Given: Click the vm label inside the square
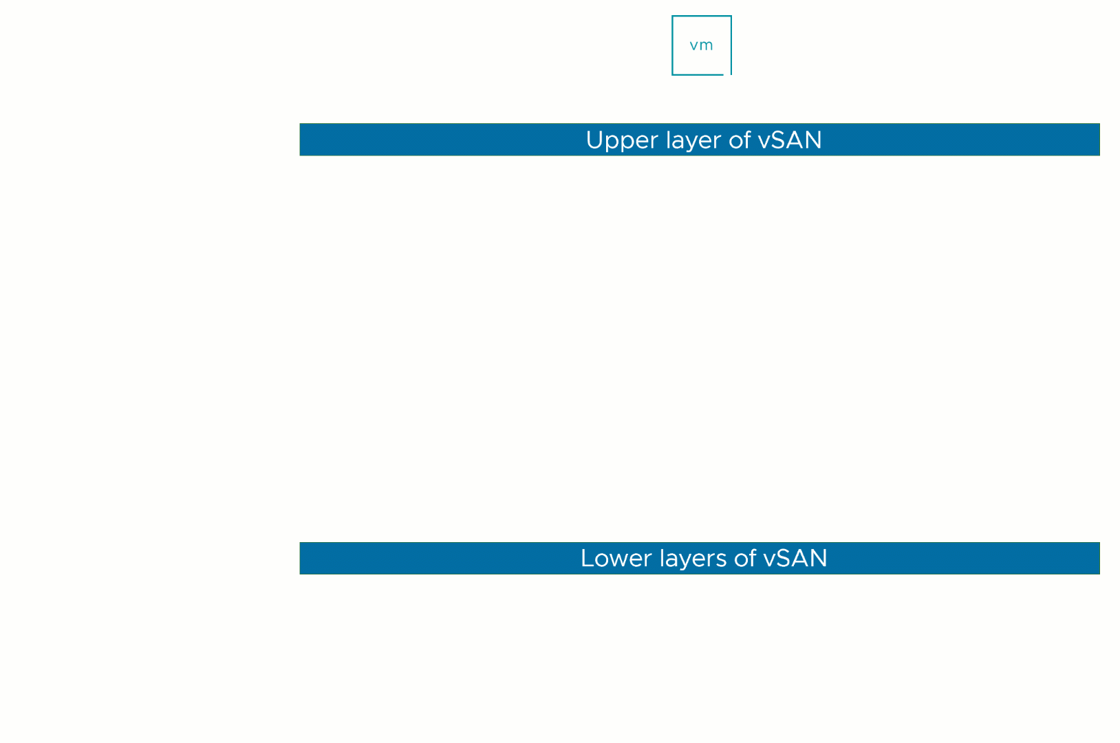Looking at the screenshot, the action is pyautogui.click(x=701, y=45).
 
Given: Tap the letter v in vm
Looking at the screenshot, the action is pyautogui.click(x=693, y=46).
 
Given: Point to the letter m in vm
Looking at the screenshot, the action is pyautogui.click(x=707, y=45).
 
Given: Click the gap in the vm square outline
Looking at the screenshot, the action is pyautogui.click(x=727, y=74).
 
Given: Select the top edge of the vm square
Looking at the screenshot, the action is pyautogui.click(x=702, y=16).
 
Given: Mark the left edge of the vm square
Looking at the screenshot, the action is pyautogui.click(x=673, y=45).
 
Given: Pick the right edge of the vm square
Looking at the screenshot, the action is pyautogui.click(x=731, y=45).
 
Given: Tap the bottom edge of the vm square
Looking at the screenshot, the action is pyautogui.click(x=698, y=74).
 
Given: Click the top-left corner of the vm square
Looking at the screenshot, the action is pyautogui.click(x=672, y=16).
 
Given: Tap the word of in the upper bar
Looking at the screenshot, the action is pyautogui.click(x=740, y=140).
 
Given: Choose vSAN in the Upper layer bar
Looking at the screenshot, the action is pyautogui.click(x=790, y=140).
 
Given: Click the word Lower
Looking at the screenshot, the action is pyautogui.click(x=616, y=559).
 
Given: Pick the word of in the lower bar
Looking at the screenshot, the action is pyautogui.click(x=744, y=558).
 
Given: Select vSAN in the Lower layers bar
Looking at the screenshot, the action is pyautogui.click(x=795, y=558).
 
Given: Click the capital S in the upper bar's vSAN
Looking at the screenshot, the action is pyautogui.click(x=781, y=140).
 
